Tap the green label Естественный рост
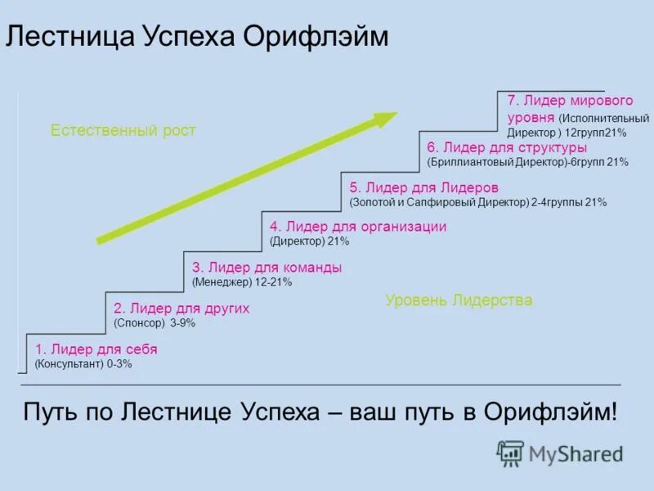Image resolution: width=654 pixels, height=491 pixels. (x=123, y=130)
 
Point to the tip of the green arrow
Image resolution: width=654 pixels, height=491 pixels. (x=396, y=115)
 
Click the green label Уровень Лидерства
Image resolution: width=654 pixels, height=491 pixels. (x=459, y=300)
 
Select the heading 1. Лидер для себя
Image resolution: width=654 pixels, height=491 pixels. (x=96, y=349)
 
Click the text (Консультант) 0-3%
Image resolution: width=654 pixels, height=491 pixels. (x=83, y=364)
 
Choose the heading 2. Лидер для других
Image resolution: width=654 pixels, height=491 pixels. (x=181, y=309)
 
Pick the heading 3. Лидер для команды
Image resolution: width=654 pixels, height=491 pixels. (x=267, y=268)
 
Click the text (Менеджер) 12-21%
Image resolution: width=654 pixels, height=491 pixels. (x=242, y=282)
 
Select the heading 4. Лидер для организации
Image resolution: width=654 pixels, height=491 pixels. (x=358, y=227)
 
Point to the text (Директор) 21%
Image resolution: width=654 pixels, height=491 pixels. (x=309, y=241)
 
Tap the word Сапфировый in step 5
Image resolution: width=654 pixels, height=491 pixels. (x=454, y=202)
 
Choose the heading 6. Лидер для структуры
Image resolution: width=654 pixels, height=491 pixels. (x=507, y=147)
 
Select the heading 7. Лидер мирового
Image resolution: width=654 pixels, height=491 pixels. (x=570, y=101)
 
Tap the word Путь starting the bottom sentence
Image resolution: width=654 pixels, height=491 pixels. (x=52, y=412)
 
